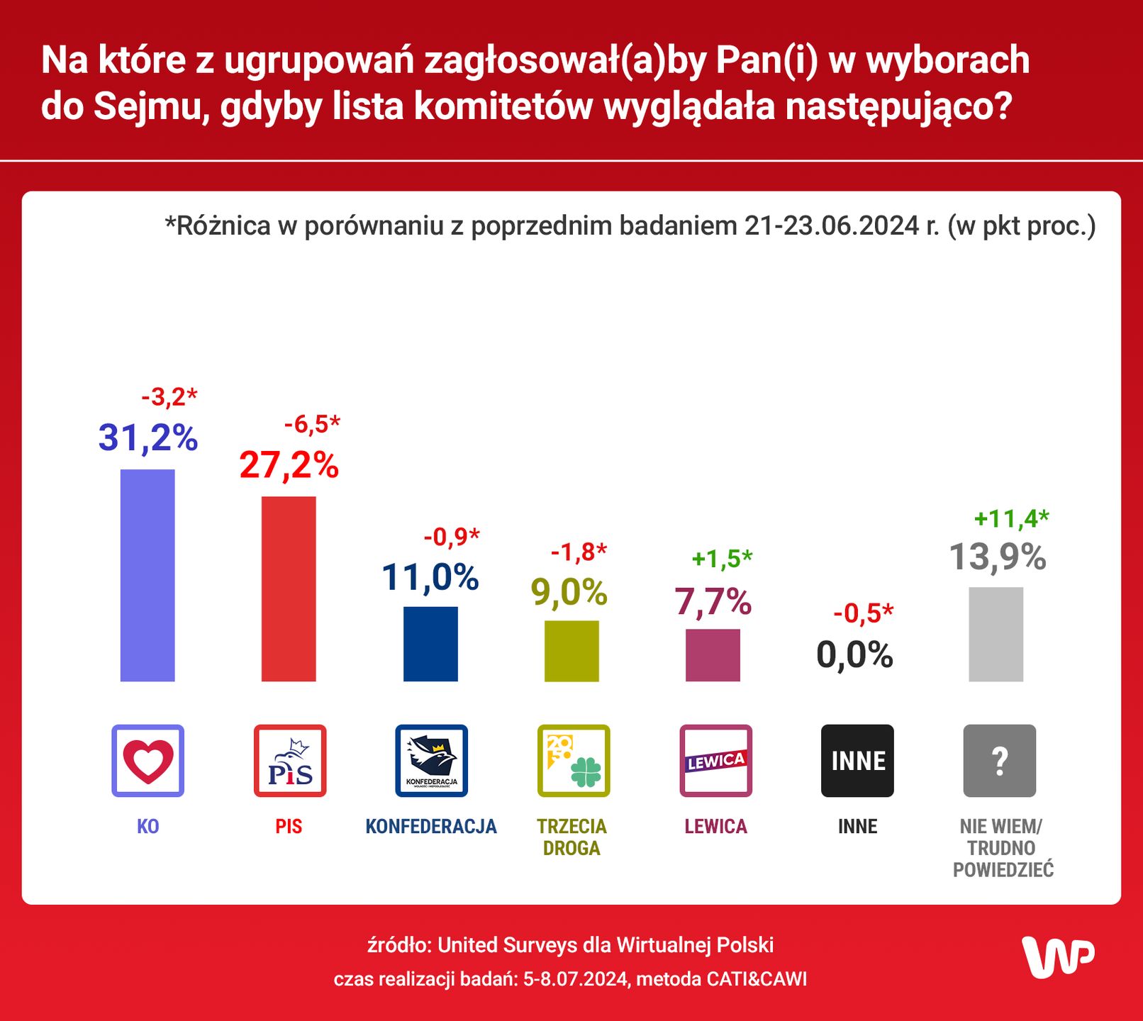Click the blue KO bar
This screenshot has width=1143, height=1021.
click(147, 575)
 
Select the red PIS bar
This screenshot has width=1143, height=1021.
click(289, 588)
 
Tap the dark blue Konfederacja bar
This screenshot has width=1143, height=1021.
click(430, 644)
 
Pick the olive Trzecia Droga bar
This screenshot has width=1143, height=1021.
click(571, 651)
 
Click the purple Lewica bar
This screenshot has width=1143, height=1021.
click(713, 655)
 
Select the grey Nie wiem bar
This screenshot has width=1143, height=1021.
click(996, 634)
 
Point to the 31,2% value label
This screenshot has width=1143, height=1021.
click(147, 437)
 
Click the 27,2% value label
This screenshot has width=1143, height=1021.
click(289, 466)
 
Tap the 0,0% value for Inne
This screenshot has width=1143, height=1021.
click(854, 654)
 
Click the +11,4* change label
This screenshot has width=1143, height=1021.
click(1011, 519)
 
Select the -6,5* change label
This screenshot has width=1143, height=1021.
click(312, 425)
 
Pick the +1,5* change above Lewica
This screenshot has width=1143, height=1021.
click(722, 559)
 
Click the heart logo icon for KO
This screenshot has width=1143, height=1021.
click(147, 761)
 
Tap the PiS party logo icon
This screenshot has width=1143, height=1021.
click(289, 761)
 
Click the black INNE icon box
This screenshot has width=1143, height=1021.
click(857, 761)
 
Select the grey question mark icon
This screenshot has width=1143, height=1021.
click(999, 761)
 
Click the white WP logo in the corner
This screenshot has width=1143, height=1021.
click(1058, 957)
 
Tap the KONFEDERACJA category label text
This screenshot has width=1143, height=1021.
click(430, 827)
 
